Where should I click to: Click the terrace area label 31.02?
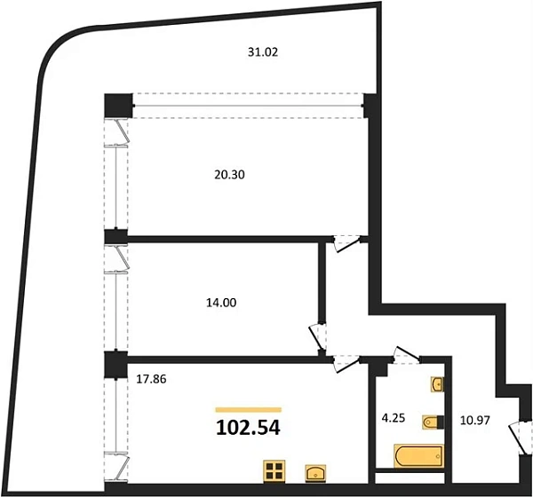263,52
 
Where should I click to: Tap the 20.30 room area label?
229,175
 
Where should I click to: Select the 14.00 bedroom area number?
221,303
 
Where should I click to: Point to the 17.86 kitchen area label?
151,379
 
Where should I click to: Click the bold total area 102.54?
248,428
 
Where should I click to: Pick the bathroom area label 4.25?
394,418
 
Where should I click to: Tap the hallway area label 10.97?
475,420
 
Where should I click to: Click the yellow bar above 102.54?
249,410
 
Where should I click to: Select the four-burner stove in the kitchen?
274,470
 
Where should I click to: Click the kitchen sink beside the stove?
315,473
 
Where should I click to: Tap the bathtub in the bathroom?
419,455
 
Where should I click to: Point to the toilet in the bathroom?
434,422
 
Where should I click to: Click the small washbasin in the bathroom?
437,384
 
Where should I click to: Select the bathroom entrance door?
406,355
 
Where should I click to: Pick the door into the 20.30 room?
346,243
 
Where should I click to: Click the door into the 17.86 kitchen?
346,364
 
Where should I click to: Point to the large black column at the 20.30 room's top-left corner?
118,106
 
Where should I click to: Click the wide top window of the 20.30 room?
248,106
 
